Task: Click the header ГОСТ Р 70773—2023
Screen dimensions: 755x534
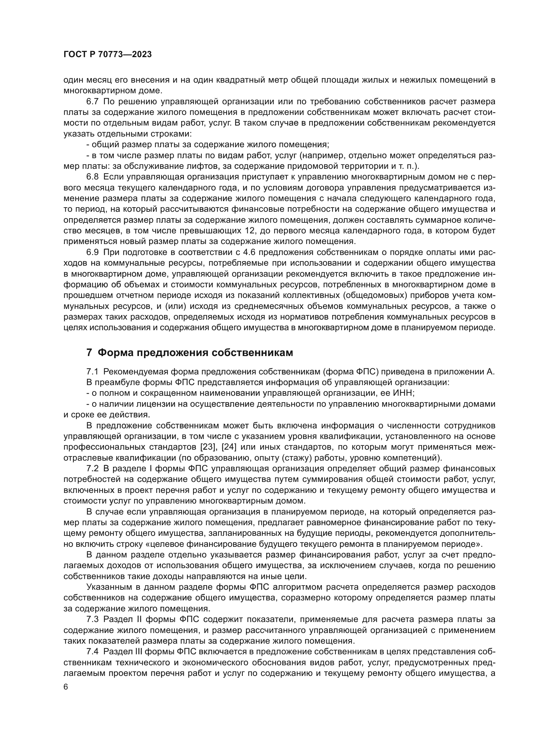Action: tap(108, 55)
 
